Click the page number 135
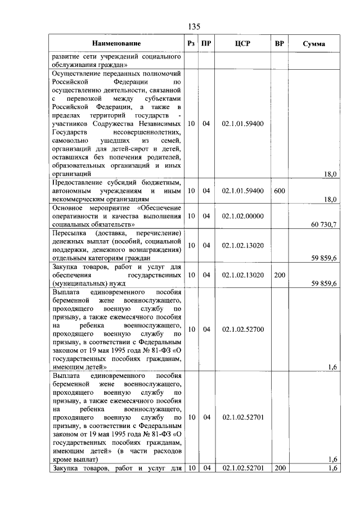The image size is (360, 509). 195,27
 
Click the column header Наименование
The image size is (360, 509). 116,43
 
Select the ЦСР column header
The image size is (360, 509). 243,43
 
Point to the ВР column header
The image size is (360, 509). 279,43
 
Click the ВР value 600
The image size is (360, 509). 280,191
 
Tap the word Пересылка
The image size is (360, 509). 69,233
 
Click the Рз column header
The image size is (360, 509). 191,43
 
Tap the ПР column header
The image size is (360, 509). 206,43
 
